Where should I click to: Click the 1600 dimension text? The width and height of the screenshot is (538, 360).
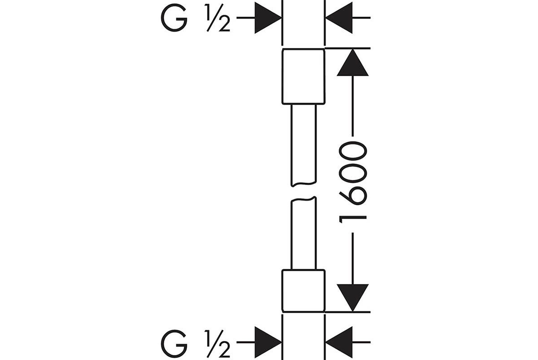click(x=353, y=180)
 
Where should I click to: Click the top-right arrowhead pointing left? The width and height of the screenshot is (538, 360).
click(x=339, y=18)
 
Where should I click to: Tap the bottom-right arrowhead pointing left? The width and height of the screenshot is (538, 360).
click(x=339, y=342)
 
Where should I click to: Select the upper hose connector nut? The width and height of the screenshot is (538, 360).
click(x=303, y=76)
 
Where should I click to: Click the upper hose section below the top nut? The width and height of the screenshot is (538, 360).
click(x=303, y=144)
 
